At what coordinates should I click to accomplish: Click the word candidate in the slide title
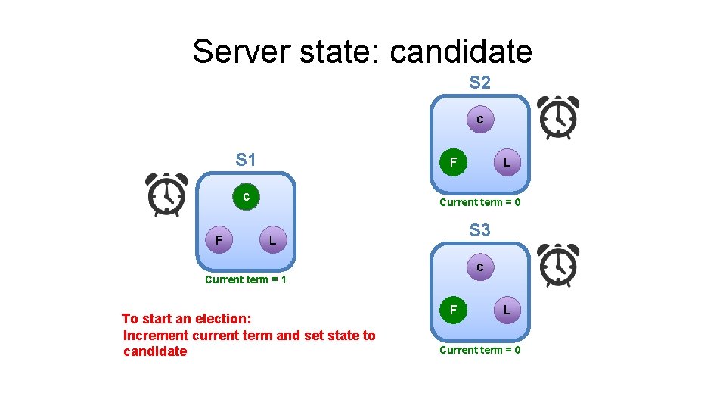point(461,52)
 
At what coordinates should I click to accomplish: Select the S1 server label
point(246,160)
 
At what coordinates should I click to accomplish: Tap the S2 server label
point(479,83)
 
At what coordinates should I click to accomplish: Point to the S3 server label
point(479,229)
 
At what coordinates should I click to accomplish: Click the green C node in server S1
point(246,197)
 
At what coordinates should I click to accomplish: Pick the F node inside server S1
point(219,241)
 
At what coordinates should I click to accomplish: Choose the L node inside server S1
point(273,241)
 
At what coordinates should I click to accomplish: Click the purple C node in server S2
point(479,120)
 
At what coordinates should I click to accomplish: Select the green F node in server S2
point(453,162)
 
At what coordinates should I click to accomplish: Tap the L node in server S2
point(507,162)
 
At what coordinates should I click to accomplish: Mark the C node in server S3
point(479,267)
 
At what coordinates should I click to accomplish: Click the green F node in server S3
point(453,310)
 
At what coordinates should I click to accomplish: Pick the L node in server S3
point(507,310)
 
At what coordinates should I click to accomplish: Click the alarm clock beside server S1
point(166,195)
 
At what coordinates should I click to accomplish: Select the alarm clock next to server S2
point(557,117)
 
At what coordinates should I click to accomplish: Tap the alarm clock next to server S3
point(557,265)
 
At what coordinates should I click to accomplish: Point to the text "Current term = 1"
point(246,279)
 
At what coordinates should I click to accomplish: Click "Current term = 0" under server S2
point(479,202)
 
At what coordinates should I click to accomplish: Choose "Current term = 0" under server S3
point(479,350)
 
